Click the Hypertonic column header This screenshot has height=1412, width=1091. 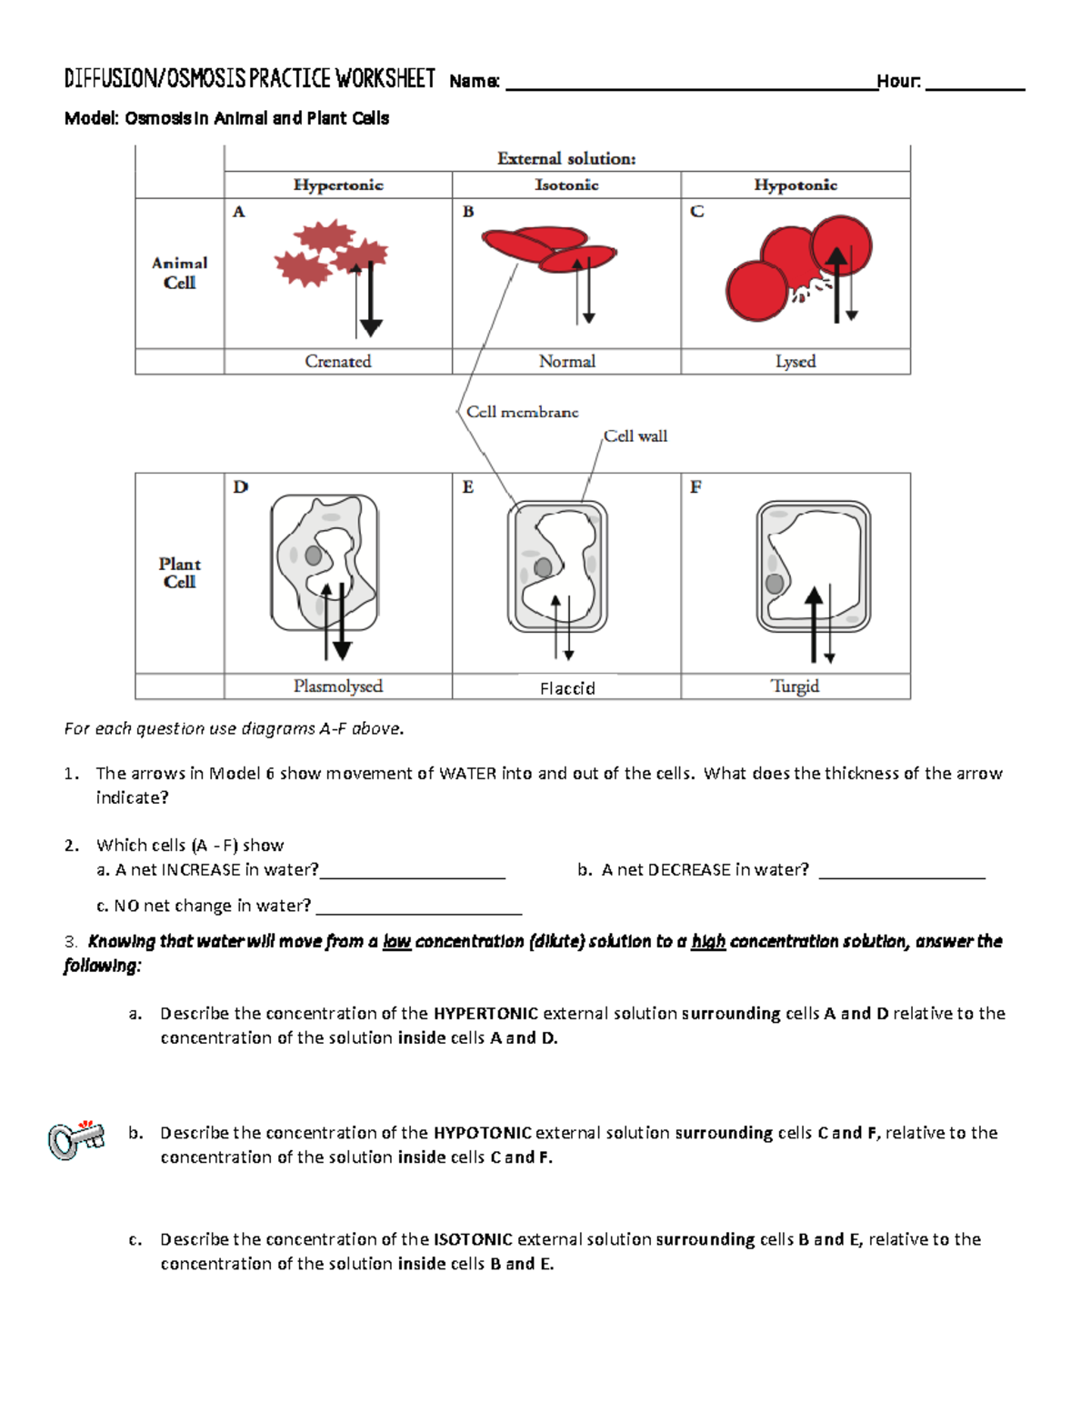(338, 185)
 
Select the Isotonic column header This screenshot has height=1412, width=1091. (566, 185)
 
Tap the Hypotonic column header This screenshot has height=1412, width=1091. (796, 185)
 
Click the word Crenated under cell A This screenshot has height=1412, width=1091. (338, 361)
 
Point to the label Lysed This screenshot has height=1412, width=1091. (796, 361)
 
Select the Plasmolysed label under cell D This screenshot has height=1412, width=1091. (338, 686)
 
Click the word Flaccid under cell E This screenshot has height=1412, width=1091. (567, 688)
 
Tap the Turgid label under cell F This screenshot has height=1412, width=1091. (796, 686)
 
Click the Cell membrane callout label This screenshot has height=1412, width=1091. (522, 412)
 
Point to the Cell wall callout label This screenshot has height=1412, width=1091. (636, 436)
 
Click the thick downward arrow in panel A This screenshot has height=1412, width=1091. (371, 300)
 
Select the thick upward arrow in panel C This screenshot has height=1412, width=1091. (837, 282)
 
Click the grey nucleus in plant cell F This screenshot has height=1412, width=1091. (775, 584)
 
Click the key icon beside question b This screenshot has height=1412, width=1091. (75, 1139)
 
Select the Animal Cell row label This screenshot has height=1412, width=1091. (179, 273)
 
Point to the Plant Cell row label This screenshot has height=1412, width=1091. (179, 573)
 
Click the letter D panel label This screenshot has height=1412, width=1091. (240, 487)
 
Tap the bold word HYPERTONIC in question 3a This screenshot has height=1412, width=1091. (485, 1013)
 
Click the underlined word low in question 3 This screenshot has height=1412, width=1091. (397, 941)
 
